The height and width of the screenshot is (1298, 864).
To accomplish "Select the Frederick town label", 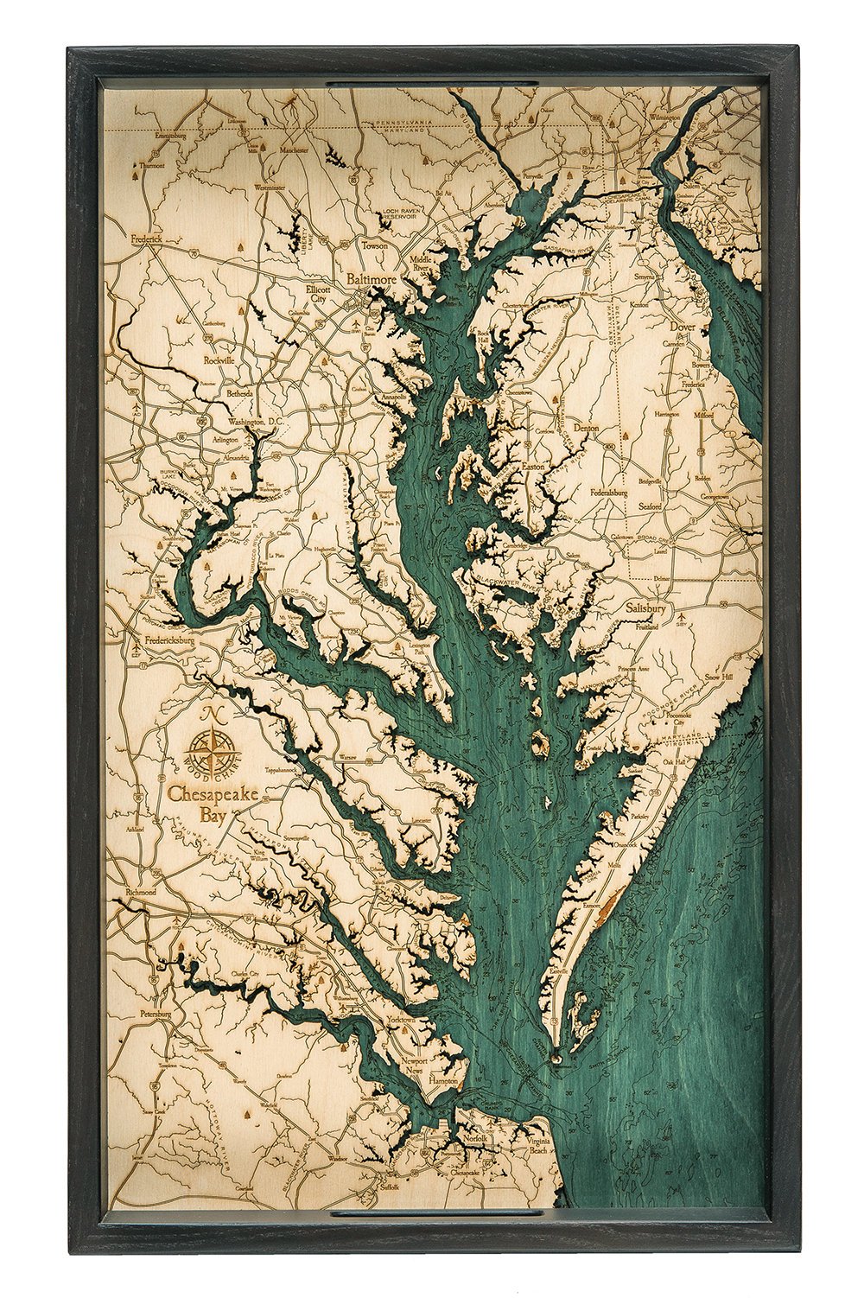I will click(146, 239).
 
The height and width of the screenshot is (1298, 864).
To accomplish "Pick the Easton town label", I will click(534, 467).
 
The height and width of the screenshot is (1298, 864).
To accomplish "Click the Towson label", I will click(375, 245).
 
